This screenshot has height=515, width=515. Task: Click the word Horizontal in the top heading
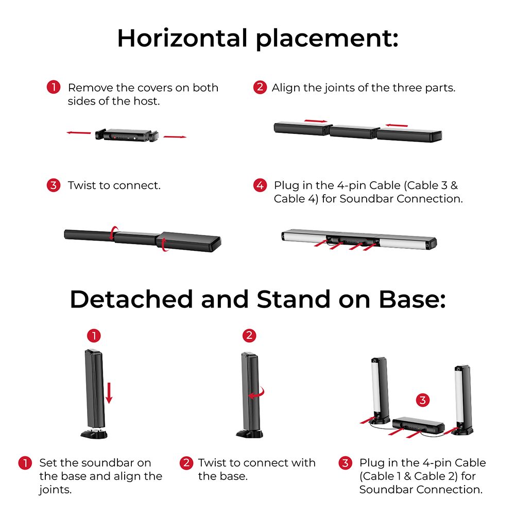point(182,38)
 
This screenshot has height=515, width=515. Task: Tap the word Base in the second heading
point(412,299)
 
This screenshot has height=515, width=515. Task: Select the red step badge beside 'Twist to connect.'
point(54,185)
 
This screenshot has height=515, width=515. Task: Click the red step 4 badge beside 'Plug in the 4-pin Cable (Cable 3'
point(260,185)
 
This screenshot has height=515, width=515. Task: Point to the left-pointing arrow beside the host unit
point(79,133)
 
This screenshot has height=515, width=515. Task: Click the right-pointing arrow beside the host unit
point(175,136)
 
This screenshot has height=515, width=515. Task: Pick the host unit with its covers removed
point(127,135)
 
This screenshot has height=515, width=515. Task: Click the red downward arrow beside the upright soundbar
point(109,393)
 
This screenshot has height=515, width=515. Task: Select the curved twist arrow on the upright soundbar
point(257,393)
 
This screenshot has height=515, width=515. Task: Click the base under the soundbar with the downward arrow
point(94,434)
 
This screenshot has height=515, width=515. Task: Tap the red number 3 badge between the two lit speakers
point(423,400)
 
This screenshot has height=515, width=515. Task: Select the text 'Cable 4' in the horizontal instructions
point(295,199)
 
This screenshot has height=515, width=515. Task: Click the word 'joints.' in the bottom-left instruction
point(55,490)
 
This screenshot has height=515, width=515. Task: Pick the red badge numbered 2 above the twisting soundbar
point(249,335)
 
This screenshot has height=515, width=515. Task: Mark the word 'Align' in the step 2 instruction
point(285,88)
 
